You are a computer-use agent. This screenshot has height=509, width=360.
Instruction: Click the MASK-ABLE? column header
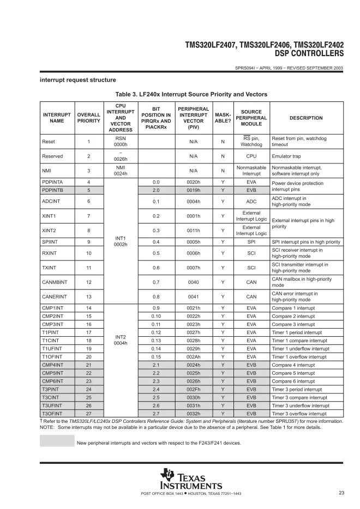(223, 118)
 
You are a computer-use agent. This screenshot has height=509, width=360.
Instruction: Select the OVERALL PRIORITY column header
(88, 118)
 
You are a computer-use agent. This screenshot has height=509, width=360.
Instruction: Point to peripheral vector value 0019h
(194, 190)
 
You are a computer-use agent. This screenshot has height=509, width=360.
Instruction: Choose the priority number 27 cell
(88, 414)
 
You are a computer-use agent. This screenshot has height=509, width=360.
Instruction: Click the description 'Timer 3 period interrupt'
(297, 390)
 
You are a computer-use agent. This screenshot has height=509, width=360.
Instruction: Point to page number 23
(341, 493)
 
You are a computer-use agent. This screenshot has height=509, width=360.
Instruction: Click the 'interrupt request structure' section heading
(77, 80)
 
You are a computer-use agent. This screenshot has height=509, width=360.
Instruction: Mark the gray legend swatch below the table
(57, 442)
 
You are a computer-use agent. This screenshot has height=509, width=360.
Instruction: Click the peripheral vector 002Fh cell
(194, 390)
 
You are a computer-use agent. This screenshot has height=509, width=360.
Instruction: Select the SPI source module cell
(251, 242)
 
